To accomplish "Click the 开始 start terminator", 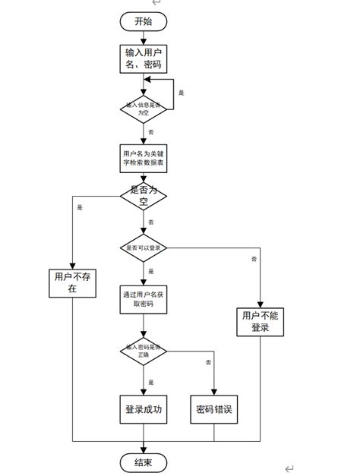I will tap(143, 21).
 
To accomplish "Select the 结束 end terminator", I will tap(143, 462).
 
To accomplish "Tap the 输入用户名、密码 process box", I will tap(143, 58).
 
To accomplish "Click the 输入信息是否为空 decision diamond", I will tap(143, 107).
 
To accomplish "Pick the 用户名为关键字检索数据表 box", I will tap(143, 157).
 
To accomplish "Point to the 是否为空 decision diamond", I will tap(143, 195).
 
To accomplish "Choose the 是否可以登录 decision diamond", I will tap(143, 247).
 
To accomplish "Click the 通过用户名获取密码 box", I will tap(143, 298).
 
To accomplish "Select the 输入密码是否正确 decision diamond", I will tap(143, 351).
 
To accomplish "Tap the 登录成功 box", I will tap(143, 411).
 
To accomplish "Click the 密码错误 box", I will tap(213, 411).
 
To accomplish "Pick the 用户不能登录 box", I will tap(260, 321).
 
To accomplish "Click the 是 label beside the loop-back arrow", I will tap(181, 93).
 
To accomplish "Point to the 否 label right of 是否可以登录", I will tap(253, 260).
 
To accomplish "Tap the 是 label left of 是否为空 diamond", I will tap(80, 206).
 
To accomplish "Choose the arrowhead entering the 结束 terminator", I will tap(143, 449).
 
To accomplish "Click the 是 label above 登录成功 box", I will tap(151, 382).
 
